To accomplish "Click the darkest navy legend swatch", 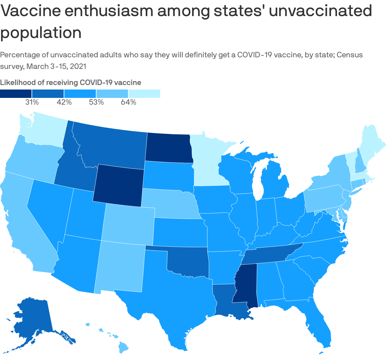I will [16, 93].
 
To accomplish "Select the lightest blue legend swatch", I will [144, 93].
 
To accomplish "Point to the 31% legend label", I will [32, 102].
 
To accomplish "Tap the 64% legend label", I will [128, 102].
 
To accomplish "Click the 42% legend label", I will [64, 102].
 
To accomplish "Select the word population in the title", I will [41, 33].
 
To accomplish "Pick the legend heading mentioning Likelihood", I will [70, 82].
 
